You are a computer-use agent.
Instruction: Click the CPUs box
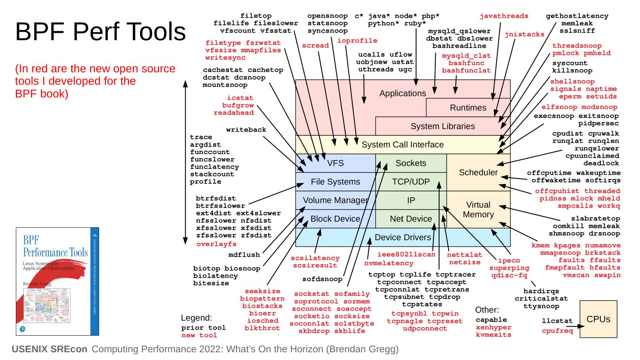[598, 319]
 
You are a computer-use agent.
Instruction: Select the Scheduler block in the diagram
[478, 172]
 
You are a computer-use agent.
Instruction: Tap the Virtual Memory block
[478, 210]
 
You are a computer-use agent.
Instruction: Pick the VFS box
[335, 163]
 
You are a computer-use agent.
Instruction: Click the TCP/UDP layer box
[411, 182]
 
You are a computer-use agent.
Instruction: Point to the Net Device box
[411, 219]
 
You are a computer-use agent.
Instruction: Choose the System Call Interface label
[402, 145]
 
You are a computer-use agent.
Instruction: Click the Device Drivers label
[402, 237]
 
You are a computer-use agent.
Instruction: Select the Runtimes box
[468, 108]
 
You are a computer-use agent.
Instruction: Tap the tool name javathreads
[504, 16]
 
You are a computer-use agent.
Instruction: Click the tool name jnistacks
[524, 34]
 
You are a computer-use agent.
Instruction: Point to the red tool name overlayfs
[216, 244]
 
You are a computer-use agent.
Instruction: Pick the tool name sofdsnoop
[322, 279]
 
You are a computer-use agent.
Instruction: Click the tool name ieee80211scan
[406, 254]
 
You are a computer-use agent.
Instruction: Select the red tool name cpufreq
[557, 331]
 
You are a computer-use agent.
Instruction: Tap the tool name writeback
[246, 130]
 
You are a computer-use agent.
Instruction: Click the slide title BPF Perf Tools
[101, 31]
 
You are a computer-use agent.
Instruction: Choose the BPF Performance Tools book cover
[57, 281]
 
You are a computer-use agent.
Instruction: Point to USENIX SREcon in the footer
[50, 349]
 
